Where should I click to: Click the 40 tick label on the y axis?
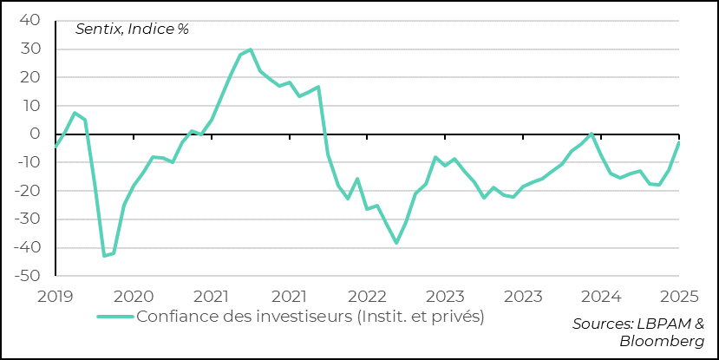tap(29, 20)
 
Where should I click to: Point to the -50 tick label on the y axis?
tap(25, 276)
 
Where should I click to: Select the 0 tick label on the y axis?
tap(34, 134)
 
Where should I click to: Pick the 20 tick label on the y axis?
tap(29, 77)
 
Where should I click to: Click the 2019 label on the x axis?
tap(56, 295)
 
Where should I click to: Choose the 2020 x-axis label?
tap(134, 295)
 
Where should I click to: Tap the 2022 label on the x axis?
tap(367, 295)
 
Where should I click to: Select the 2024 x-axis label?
tap(600, 295)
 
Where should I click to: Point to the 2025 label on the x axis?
tap(678, 295)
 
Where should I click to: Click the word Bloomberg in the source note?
tap(662, 341)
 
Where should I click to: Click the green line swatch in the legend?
tap(114, 316)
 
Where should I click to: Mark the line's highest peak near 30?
tap(251, 49)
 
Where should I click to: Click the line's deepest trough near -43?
tap(104, 256)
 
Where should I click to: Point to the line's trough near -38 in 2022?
tap(396, 243)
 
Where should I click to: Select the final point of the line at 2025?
tap(678, 142)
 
